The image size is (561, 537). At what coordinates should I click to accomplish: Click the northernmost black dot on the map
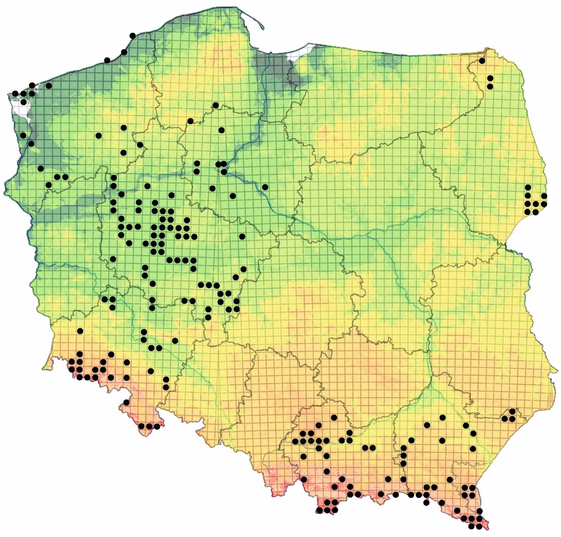pyautogui.click(x=133, y=36)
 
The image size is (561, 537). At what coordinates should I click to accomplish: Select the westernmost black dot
pyautogui.click(x=15, y=94)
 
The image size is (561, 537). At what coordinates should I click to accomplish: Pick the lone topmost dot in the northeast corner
pyautogui.click(x=482, y=61)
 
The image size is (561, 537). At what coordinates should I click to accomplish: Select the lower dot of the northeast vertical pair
pyautogui.click(x=490, y=86)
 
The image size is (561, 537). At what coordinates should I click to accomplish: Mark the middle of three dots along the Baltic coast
pyautogui.click(x=124, y=52)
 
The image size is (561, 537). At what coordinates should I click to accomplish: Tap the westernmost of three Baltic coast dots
pyautogui.click(x=107, y=60)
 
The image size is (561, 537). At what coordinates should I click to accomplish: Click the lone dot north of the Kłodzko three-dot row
pyautogui.click(x=127, y=402)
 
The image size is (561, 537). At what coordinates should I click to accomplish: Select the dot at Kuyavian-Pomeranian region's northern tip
pyautogui.click(x=216, y=105)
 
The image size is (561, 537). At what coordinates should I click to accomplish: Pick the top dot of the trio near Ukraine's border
pyautogui.click(x=512, y=411)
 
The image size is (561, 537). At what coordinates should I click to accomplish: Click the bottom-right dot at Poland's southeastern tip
pyautogui.click(x=479, y=526)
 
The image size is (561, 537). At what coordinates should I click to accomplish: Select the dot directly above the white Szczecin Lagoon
pyautogui.click(x=23, y=102)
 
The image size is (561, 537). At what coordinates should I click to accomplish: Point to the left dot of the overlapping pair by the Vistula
pyautogui.click(x=218, y=164)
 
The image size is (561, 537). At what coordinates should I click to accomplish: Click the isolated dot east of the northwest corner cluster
pyautogui.click(x=49, y=86)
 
